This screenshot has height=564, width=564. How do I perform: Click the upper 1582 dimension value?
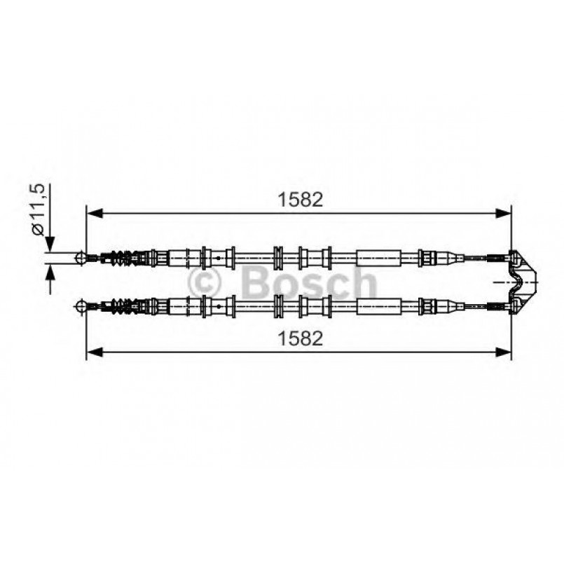pyautogui.click(x=300, y=200)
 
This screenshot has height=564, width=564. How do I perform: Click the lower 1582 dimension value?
pyautogui.click(x=300, y=339)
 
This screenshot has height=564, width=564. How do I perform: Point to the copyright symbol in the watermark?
pyautogui.click(x=206, y=283)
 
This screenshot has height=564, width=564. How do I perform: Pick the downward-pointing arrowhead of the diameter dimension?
pyautogui.click(x=50, y=245)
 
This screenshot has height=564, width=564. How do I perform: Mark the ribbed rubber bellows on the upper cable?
pyautogui.click(x=122, y=258)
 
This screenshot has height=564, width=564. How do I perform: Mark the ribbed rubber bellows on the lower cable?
pyautogui.click(x=122, y=305)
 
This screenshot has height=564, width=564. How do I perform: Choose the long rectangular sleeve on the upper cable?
pyautogui.click(x=379, y=258)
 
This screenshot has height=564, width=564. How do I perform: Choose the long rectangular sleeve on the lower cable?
pyautogui.click(x=379, y=305)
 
